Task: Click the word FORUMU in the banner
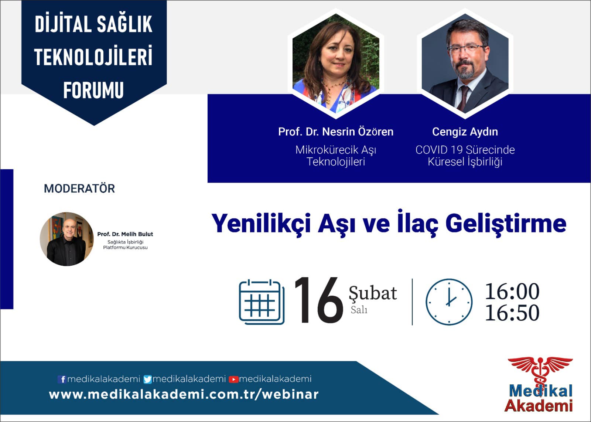click(94, 90)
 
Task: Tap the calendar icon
click(262, 302)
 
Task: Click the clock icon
click(449, 302)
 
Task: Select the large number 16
click(319, 300)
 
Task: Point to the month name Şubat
click(373, 293)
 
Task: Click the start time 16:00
click(512, 291)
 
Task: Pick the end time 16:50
click(512, 313)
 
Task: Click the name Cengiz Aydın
click(465, 132)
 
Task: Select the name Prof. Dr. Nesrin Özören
click(336, 132)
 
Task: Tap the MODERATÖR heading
click(79, 188)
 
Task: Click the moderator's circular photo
click(66, 239)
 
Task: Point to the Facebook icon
click(62, 379)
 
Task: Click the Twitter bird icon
click(147, 379)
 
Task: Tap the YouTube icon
click(233, 379)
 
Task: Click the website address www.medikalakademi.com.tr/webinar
click(184, 395)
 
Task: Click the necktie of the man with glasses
click(463, 98)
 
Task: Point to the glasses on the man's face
click(466, 50)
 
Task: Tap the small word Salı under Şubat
click(359, 310)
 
